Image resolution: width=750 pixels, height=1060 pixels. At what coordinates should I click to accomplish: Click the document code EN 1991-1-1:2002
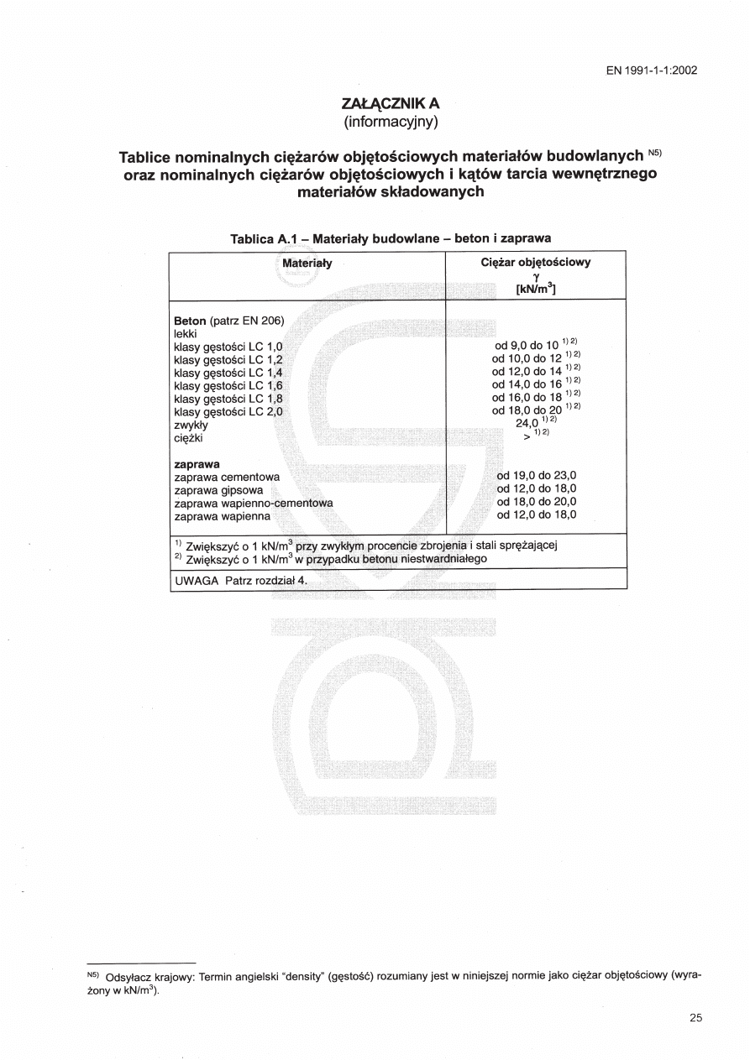651,70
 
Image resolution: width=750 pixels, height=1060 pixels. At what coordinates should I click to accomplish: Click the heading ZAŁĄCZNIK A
391,103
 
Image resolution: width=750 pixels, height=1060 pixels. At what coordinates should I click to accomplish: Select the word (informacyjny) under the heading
391,121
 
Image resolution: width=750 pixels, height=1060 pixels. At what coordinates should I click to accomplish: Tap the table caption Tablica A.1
266,238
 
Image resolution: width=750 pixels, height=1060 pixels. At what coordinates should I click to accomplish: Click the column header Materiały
307,263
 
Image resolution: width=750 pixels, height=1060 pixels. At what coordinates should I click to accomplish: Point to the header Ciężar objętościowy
536,262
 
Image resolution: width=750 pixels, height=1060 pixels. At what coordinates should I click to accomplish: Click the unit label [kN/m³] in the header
536,290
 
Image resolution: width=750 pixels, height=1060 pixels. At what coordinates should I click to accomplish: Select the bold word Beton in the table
189,321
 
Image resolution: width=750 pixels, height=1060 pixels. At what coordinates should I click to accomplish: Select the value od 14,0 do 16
527,384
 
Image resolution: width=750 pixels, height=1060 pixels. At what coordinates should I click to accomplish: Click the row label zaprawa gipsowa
218,489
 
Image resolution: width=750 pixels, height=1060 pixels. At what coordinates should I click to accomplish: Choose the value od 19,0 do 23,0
536,476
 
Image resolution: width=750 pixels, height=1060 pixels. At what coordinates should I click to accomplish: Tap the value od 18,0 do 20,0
536,502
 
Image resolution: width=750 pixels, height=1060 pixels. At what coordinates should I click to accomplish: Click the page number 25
695,1018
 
